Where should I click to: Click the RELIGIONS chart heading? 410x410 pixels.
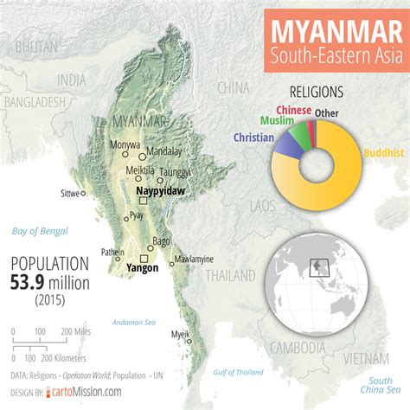pos(316,91)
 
